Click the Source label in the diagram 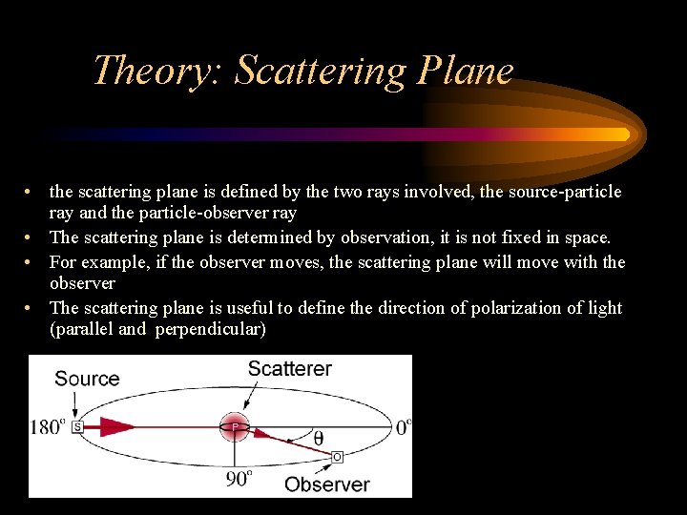(x=87, y=379)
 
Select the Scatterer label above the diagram (x=290, y=369)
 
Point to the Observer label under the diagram (x=327, y=484)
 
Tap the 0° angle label (x=403, y=426)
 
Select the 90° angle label (x=239, y=478)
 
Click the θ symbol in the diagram (x=318, y=438)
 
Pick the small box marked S (x=76, y=427)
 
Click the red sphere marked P (x=234, y=427)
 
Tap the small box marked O (x=337, y=458)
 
